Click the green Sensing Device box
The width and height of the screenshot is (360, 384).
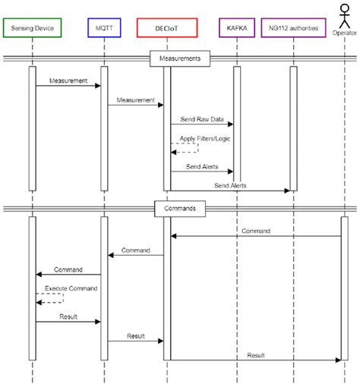coord(33,28)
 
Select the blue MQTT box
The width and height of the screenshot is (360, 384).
coord(104,28)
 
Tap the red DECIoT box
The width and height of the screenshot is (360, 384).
coord(167,28)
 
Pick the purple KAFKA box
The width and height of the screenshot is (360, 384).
coord(236,28)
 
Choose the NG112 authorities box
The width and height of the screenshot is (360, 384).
coord(293,28)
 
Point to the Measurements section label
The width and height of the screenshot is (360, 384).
coord(180,57)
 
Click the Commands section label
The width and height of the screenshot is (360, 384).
coord(180,207)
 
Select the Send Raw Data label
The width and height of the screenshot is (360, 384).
coord(201,120)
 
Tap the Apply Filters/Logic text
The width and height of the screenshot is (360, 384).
coord(205,139)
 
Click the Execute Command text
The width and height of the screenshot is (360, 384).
coord(69,289)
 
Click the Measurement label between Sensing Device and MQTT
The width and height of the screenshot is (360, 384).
coord(68,80)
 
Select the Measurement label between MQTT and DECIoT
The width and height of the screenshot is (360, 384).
coord(136,100)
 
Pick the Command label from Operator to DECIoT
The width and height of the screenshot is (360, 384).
coord(255,231)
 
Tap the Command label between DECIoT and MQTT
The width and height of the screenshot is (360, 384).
coord(136,250)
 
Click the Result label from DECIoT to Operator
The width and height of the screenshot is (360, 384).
coord(255,355)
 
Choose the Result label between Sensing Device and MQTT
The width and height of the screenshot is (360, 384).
coord(68,316)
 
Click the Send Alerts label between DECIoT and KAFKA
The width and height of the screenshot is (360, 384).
coord(201,166)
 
